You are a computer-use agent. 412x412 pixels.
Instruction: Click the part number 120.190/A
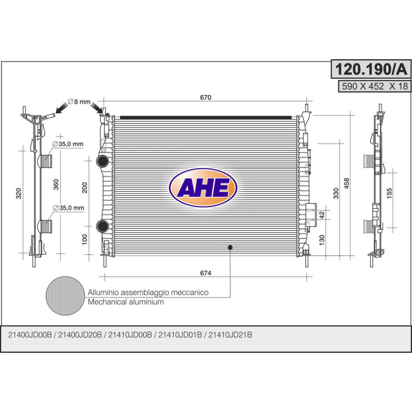pyautogui.click(x=370, y=68)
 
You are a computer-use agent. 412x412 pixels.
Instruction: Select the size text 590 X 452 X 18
pyautogui.click(x=373, y=86)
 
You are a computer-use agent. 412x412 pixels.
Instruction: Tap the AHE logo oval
pyautogui.click(x=203, y=188)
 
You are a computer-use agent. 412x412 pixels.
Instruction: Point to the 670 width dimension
pyautogui.click(x=206, y=97)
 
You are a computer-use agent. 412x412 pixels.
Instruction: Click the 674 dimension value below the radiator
pyautogui.click(x=206, y=272)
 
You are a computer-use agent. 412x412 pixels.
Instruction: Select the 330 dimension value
pyautogui.click(x=336, y=194)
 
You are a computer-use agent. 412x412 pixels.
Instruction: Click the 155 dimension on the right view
pyautogui.click(x=390, y=193)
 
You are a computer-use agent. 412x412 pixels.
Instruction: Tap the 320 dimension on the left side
pyautogui.click(x=19, y=193)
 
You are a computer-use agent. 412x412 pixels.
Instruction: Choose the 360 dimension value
pyautogui.click(x=57, y=184)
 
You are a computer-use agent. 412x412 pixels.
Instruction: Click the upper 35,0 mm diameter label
pyautogui.click(x=68, y=144)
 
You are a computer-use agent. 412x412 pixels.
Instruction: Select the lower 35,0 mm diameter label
pyautogui.click(x=68, y=208)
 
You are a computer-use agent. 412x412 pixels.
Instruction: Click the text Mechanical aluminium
pyautogui.click(x=126, y=302)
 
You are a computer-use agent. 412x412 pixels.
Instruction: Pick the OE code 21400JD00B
pyautogui.click(x=30, y=335)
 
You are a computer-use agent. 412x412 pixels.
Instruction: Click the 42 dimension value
pyautogui.click(x=321, y=215)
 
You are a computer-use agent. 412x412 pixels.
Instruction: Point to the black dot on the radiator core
pyautogui.click(x=230, y=248)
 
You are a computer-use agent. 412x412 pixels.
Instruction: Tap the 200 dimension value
pyautogui.click(x=85, y=188)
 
